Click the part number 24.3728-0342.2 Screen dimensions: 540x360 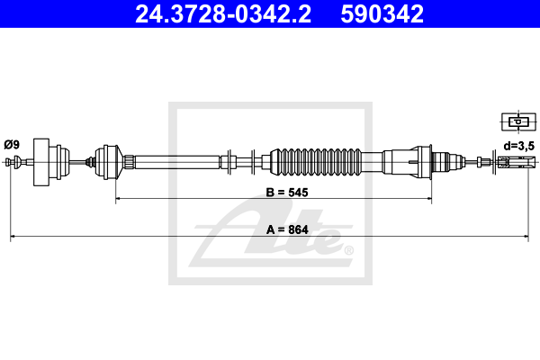pos(223,14)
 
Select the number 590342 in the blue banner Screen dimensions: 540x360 pos(382,14)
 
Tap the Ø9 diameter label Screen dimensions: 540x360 pos(12,145)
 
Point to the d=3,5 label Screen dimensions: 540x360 pos(519,146)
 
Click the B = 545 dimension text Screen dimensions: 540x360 pos(287,193)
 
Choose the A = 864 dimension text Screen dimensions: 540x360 pos(287,229)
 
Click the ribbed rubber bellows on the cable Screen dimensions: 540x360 pos(316,162)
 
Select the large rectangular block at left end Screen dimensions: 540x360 pos(41,162)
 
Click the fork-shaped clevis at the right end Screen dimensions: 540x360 pos(517,162)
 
